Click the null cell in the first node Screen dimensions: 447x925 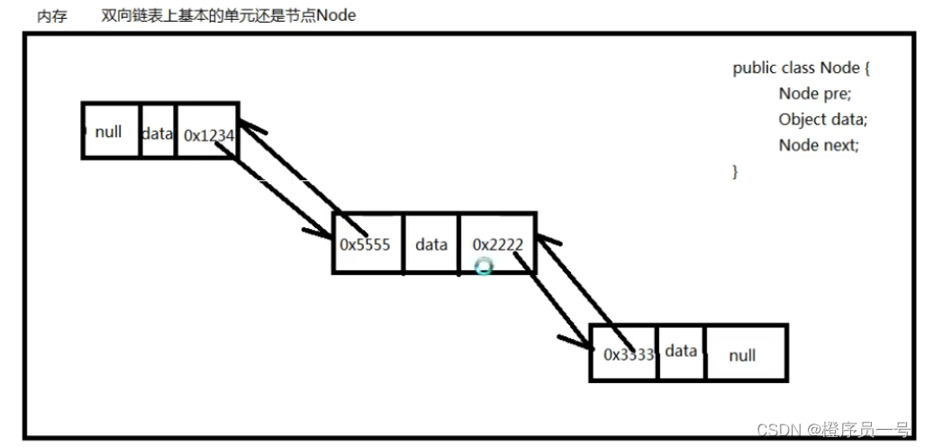click(x=109, y=132)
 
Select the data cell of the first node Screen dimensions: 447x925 click(x=158, y=133)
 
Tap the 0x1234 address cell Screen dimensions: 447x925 click(x=208, y=135)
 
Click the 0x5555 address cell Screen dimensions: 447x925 click(x=366, y=243)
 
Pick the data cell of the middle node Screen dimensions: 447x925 click(x=431, y=243)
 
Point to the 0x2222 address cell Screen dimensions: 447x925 click(x=497, y=243)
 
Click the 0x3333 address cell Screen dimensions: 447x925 click(x=627, y=354)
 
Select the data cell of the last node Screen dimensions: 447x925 click(x=681, y=351)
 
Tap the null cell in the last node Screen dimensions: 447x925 click(x=742, y=355)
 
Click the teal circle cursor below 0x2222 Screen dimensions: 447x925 click(x=485, y=267)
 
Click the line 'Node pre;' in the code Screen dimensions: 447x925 click(x=814, y=94)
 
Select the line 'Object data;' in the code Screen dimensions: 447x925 click(x=822, y=119)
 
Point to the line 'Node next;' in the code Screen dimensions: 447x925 click(x=819, y=144)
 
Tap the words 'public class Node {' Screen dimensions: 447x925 click(x=801, y=68)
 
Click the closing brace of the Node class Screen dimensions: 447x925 click(x=736, y=170)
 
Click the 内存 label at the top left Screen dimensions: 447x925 click(x=52, y=16)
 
